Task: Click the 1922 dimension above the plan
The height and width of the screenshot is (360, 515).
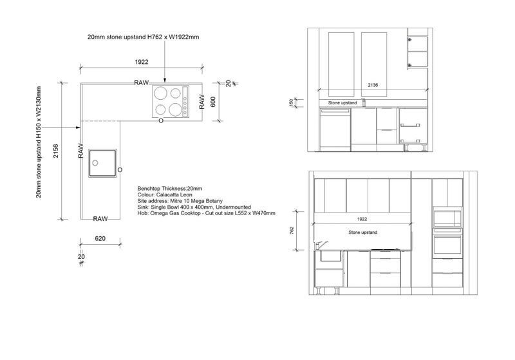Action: click(x=142, y=62)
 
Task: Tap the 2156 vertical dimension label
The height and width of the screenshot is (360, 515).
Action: click(x=56, y=151)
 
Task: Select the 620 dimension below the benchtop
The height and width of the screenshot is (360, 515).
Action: click(x=100, y=238)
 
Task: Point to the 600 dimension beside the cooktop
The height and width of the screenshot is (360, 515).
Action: click(x=213, y=102)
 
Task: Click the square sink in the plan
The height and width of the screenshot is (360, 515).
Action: click(x=102, y=163)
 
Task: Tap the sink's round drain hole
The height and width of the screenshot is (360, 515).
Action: click(x=95, y=163)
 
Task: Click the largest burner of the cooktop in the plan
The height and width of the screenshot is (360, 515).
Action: click(x=160, y=93)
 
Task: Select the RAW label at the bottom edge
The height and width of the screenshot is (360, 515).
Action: click(x=100, y=219)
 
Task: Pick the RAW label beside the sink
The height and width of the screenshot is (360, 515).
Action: click(x=81, y=151)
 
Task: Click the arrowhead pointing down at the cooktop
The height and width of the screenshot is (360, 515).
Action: click(x=165, y=80)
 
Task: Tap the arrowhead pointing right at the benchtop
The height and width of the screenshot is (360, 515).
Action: click(x=78, y=128)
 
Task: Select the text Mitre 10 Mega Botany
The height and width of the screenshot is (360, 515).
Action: click(x=196, y=201)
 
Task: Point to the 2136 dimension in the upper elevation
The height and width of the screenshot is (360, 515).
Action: click(x=373, y=85)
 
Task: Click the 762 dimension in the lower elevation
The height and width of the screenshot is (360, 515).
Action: click(x=292, y=231)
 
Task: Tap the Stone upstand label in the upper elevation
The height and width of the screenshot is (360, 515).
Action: click(x=342, y=103)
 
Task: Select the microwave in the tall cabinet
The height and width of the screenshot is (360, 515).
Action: click(x=447, y=217)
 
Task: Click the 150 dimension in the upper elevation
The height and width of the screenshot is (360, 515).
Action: click(x=291, y=103)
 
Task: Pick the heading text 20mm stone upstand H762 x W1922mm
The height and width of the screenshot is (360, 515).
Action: click(x=143, y=37)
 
